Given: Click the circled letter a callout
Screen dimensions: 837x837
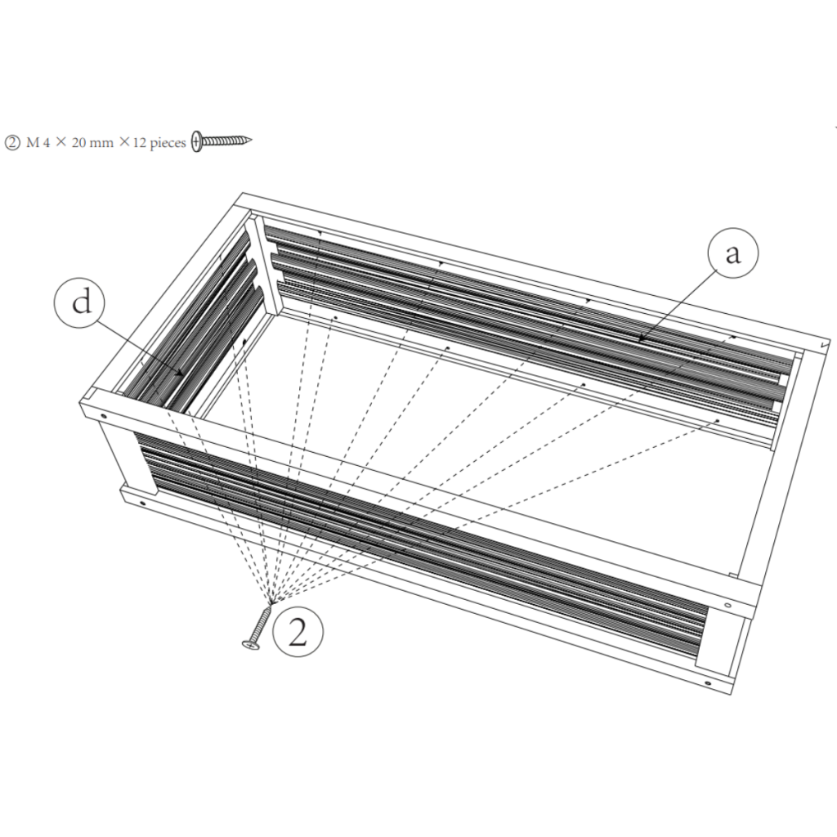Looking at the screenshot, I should click(733, 254).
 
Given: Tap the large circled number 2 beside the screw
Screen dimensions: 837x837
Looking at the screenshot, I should click(298, 633).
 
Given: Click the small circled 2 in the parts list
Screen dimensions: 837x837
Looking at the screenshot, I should click(12, 142).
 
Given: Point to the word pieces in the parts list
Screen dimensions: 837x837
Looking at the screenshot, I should click(168, 143).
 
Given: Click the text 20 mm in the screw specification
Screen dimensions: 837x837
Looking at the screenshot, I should click(92, 142).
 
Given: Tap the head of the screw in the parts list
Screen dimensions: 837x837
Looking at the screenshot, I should click(197, 141).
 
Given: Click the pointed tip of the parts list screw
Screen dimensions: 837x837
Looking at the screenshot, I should click(249, 140).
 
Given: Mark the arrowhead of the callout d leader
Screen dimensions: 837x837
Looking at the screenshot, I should click(181, 374).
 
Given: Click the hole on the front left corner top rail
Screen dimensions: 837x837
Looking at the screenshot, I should click(104, 416).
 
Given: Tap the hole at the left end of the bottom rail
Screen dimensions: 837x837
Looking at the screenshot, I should click(143, 501).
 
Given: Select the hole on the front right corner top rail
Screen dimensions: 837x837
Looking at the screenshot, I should click(728, 606).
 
